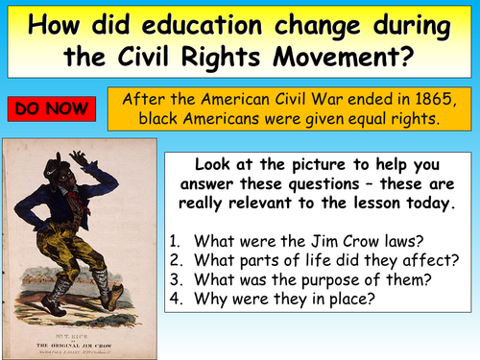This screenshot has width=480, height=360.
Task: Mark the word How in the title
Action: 57,22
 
